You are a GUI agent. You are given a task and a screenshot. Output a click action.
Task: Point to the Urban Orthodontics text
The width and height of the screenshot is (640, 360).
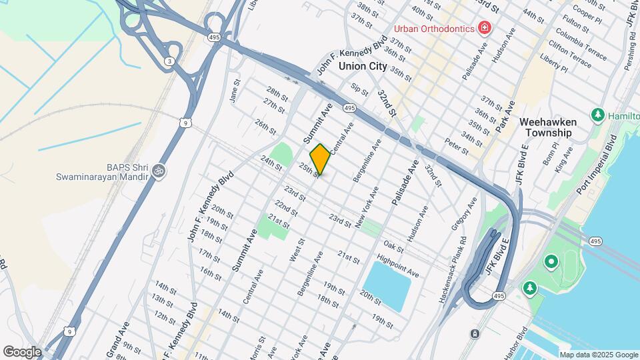click(x=433, y=29)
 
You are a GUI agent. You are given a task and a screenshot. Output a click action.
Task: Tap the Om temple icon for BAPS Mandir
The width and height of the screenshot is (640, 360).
click(x=159, y=171)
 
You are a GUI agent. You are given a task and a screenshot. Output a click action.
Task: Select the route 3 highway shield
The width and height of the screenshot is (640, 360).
click(x=170, y=61)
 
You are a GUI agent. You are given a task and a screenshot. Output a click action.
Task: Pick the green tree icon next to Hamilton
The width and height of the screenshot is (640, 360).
click(x=597, y=115)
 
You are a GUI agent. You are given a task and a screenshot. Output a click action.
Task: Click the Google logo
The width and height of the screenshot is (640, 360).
click(x=22, y=352)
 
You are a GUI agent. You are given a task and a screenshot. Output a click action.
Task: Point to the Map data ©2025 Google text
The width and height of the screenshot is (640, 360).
click(x=598, y=355)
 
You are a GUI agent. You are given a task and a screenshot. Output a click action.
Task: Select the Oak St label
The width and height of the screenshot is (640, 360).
click(x=393, y=247)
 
